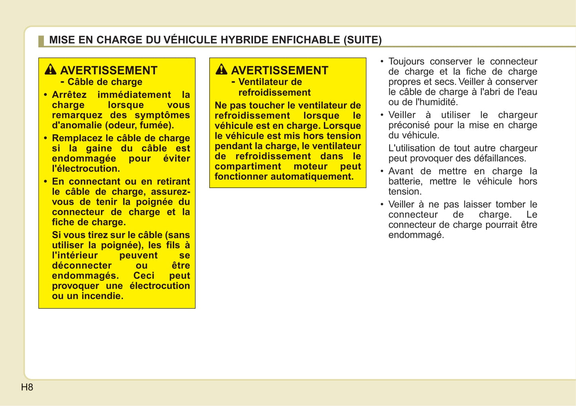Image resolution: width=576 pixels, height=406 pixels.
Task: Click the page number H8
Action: coord(27,387)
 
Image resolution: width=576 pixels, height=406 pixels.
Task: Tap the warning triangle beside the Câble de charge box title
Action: coord(51,69)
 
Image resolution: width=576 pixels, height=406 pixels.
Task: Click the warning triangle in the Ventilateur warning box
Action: coord(221,69)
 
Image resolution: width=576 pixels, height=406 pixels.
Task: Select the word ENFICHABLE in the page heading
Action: coord(306,40)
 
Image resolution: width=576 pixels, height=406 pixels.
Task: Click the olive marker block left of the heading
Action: coord(41,41)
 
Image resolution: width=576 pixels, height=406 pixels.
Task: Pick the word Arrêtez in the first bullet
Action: coord(69,95)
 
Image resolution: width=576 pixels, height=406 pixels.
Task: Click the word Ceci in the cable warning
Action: coord(144,276)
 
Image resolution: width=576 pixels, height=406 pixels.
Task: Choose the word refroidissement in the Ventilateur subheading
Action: coord(274,92)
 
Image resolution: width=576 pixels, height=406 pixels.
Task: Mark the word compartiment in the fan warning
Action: coord(248,167)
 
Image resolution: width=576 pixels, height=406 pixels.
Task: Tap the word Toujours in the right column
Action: coord(406,61)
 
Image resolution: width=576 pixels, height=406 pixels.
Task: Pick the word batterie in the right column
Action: coord(405,181)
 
